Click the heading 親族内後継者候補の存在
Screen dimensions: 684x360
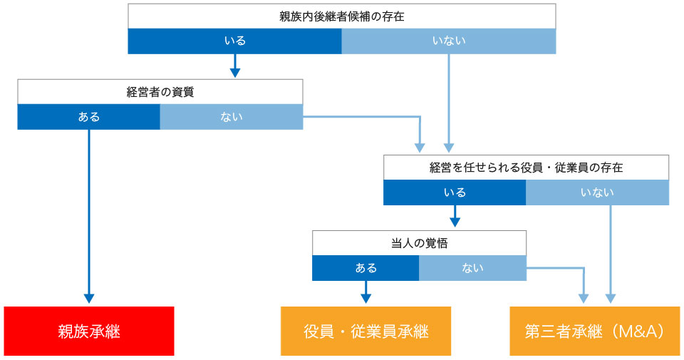pyautogui.click(x=341, y=16)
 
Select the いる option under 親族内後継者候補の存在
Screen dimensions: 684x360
pyautogui.click(x=234, y=41)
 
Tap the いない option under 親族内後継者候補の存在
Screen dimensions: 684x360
pyautogui.click(x=449, y=41)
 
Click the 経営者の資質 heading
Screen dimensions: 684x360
pyautogui.click(x=160, y=92)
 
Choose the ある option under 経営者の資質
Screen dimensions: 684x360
pyautogui.click(x=89, y=117)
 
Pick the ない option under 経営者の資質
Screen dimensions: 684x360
pyautogui.click(x=231, y=117)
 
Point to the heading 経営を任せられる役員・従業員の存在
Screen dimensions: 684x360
pyautogui.click(x=526, y=168)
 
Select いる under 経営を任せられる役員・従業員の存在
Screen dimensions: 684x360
pyautogui.click(x=455, y=192)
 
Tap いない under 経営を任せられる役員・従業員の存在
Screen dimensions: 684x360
pyautogui.click(x=597, y=192)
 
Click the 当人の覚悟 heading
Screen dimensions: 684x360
pyautogui.click(x=419, y=243)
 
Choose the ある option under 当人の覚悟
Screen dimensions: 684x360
pyautogui.click(x=366, y=268)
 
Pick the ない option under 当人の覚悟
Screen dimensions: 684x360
pyautogui.click(x=472, y=268)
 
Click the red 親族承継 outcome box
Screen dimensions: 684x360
pyautogui.click(x=89, y=331)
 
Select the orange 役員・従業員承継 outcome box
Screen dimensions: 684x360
pyautogui.click(x=366, y=331)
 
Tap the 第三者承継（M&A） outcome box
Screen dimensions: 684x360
pyautogui.click(x=594, y=331)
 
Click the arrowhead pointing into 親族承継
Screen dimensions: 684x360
pyautogui.click(x=89, y=299)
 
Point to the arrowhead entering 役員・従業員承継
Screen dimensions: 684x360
pyautogui.click(x=366, y=299)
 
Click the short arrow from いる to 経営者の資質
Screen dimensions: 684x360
pyautogui.click(x=234, y=66)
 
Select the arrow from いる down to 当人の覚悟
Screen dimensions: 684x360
pyautogui.click(x=455, y=216)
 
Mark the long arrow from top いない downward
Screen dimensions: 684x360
pyautogui.click(x=449, y=103)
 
